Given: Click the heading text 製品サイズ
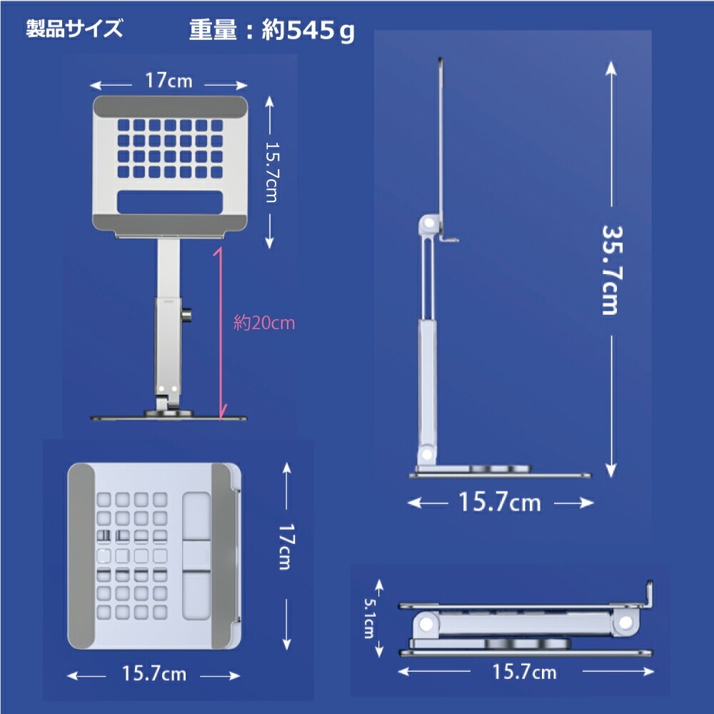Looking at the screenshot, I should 74,30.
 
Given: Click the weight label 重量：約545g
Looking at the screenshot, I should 271,31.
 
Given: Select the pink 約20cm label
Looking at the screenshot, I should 264,323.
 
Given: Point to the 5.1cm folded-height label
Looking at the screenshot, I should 368,618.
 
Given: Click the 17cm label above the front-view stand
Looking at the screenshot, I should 169,80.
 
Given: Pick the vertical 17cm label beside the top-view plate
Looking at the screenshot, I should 284,546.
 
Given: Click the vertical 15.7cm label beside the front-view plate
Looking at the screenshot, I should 271,171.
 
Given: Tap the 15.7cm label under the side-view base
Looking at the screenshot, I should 500,503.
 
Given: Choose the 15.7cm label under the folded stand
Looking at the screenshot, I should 524,671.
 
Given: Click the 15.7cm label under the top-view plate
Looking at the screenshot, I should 154,673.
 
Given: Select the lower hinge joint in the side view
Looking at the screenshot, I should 427,454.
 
